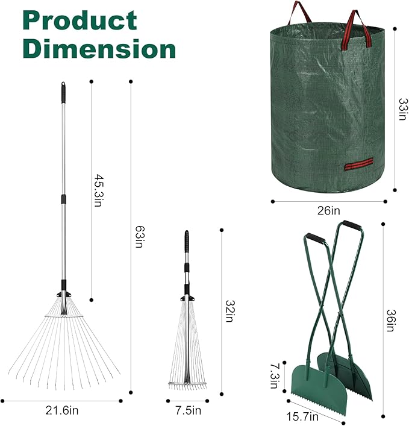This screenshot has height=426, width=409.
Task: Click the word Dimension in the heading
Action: (x=99, y=48)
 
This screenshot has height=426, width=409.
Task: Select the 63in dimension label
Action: (x=139, y=237)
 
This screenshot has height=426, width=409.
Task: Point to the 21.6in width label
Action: (x=63, y=411)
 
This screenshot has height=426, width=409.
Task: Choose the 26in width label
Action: (x=328, y=211)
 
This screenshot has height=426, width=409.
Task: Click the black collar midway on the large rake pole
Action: (x=63, y=199)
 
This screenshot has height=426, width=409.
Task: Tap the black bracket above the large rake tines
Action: (x=63, y=293)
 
